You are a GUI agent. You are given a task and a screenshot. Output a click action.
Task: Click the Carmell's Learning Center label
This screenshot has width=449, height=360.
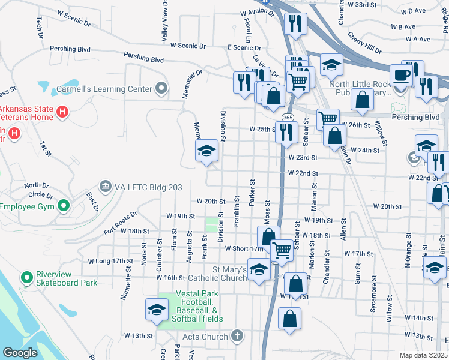(x=104, y=89)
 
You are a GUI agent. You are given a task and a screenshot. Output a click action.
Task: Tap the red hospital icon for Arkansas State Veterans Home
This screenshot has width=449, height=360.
(x=62, y=112)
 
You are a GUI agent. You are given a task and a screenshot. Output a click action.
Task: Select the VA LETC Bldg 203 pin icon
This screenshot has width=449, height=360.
(x=106, y=187)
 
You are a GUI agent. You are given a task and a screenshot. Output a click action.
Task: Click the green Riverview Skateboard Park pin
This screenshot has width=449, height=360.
(x=26, y=278)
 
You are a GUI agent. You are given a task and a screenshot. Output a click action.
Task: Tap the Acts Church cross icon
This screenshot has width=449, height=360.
(x=238, y=336)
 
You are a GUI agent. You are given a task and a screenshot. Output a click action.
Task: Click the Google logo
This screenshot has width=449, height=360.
(x=20, y=353)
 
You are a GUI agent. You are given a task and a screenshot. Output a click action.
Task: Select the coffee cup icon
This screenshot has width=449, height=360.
(x=400, y=76)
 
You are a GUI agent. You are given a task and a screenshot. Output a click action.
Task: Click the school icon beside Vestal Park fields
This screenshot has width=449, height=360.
(x=156, y=309)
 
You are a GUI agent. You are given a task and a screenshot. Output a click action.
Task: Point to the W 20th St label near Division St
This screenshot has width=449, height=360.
(x=211, y=202)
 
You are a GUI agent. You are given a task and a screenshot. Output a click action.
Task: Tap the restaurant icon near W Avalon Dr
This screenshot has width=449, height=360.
(x=295, y=23)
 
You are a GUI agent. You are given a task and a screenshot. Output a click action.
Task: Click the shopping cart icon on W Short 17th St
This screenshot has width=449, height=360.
(x=281, y=250)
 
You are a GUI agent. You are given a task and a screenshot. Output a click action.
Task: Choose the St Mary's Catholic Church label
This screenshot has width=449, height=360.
(x=217, y=274)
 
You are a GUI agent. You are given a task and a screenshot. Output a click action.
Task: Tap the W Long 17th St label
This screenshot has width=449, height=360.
(x=110, y=261)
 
